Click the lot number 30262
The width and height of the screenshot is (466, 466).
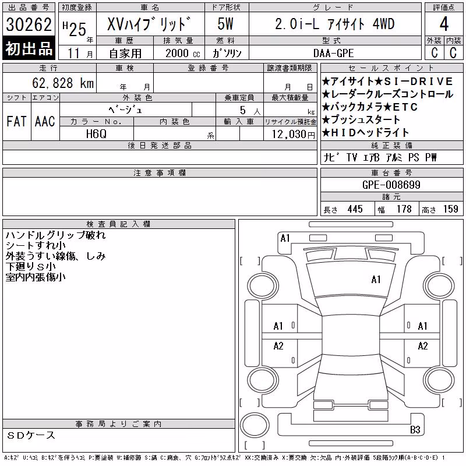tap(29, 24)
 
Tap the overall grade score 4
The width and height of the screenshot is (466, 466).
tap(444, 24)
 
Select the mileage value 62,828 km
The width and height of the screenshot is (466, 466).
tap(63, 83)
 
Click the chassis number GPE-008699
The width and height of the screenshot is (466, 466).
tap(391, 185)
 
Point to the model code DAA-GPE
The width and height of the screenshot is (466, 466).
tap(333, 53)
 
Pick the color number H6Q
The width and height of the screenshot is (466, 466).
tap(96, 134)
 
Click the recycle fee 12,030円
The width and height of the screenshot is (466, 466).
tap(294, 135)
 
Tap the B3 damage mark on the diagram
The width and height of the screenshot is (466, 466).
tap(415, 429)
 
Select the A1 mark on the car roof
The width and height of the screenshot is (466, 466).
tap(376, 280)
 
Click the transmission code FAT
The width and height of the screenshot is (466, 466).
tap(16, 121)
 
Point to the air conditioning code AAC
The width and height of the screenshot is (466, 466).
tap(45, 121)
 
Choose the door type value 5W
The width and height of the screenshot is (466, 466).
tap(225, 24)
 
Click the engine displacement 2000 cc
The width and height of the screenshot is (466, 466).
tap(182, 53)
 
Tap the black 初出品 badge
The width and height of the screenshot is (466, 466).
tap(29, 48)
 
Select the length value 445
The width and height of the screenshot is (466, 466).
tap(355, 209)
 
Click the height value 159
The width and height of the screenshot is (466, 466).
tap(450, 209)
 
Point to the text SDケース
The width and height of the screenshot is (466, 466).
tap(31, 435)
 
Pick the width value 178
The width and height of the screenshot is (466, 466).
tap(404, 209)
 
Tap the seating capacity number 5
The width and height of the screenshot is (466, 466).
tap(243, 110)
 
